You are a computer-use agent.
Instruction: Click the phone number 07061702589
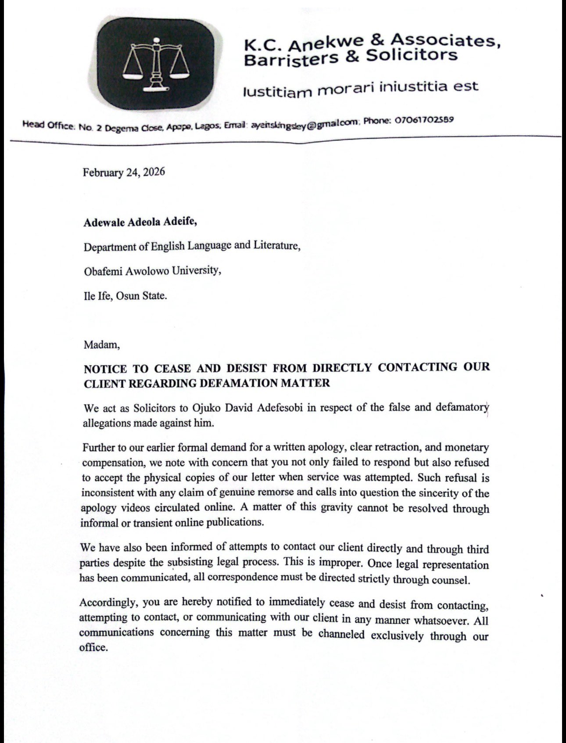pos(424,119)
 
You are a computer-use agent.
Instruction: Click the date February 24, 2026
pos(124,172)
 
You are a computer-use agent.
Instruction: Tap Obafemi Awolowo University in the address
pos(152,271)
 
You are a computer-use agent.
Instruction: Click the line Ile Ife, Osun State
pos(125,295)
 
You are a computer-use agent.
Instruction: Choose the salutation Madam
pos(102,345)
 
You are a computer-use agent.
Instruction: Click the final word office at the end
pos(93,647)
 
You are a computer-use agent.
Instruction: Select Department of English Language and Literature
pos(192,246)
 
